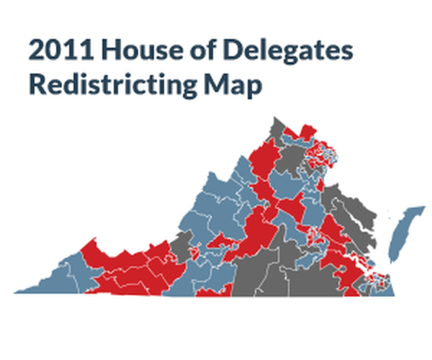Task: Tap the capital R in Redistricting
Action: coord(37,84)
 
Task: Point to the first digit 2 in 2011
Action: coord(36,51)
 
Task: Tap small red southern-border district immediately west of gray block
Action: coord(211,292)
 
